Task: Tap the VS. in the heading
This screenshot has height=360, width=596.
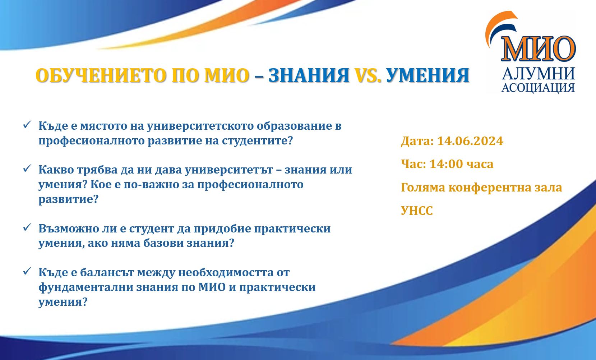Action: [x=368, y=75]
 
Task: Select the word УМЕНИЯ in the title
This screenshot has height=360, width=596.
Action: [x=428, y=75]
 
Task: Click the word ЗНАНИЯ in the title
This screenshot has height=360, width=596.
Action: [x=309, y=75]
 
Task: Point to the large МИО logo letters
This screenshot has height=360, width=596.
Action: [x=539, y=49]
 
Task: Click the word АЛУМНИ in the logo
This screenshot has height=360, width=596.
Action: [x=539, y=74]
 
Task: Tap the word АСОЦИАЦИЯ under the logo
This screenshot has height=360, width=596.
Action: [x=538, y=88]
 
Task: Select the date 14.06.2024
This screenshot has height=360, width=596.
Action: [x=470, y=141]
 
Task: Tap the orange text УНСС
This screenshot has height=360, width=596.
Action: [x=417, y=211]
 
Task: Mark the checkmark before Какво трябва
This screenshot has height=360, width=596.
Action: [x=27, y=168]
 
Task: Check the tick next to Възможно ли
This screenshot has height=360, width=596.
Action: [x=27, y=227]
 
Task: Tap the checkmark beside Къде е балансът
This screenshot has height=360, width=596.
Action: [x=27, y=271]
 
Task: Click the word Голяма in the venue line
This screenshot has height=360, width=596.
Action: [x=423, y=188]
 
